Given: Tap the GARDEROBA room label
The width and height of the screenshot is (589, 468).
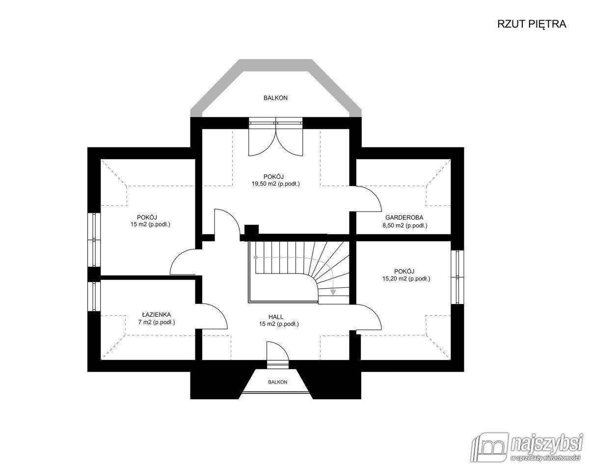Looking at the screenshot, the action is point(404,218).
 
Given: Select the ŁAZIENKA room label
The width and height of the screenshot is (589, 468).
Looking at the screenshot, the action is point(157,315).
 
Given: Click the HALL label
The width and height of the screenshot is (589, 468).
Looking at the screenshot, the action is point(276,317).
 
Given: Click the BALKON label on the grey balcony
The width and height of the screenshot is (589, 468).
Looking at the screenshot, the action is point(276,98).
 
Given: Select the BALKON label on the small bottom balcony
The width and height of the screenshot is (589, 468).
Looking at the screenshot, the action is point(278,382).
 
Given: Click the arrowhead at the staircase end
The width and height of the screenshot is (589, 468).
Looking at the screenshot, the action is point(333,292).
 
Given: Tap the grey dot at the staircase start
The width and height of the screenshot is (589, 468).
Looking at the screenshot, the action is point(256,257).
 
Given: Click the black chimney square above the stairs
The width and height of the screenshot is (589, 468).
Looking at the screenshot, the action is point(251,230).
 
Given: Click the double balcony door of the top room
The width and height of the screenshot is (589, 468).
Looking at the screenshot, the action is point(276,137).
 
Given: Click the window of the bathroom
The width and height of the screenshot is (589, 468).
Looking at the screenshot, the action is point(94,296).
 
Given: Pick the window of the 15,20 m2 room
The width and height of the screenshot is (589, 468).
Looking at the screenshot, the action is point(457,277).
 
